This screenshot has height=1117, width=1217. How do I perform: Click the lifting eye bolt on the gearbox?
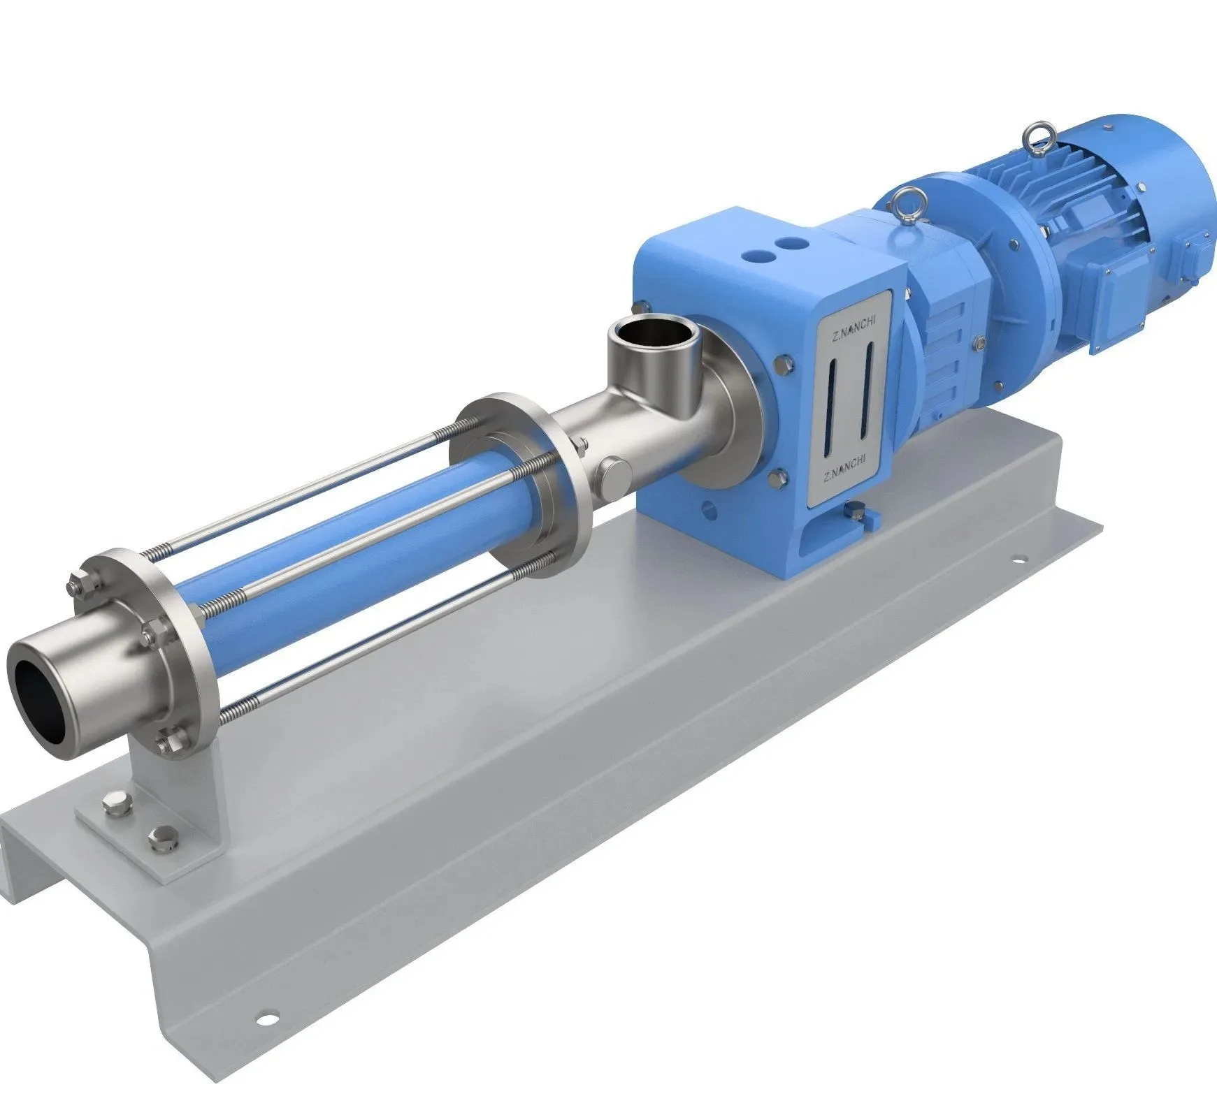click(x=904, y=204)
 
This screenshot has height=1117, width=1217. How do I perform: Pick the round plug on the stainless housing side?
click(x=613, y=472)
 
